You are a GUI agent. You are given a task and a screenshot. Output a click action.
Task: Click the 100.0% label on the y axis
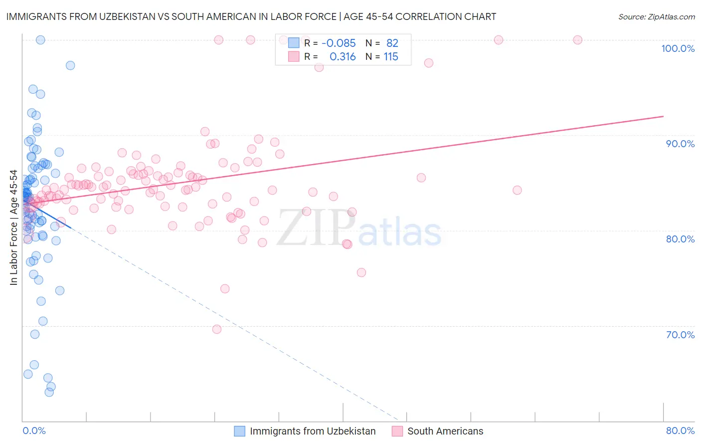click(x=678, y=48)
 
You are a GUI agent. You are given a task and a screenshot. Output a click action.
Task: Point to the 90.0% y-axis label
click(x=680, y=144)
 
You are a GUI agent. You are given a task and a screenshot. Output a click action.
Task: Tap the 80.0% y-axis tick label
click(x=680, y=239)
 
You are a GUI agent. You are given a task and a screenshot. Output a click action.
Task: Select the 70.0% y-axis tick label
click(x=680, y=335)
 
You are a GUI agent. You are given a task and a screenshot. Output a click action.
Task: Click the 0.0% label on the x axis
click(x=34, y=431)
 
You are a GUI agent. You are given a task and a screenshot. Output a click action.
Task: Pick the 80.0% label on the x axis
click(x=680, y=431)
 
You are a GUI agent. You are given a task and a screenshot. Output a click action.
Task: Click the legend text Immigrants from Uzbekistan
click(x=313, y=431)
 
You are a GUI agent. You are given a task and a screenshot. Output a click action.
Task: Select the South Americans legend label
click(x=445, y=431)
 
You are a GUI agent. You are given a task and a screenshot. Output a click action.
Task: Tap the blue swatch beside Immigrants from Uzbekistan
click(x=240, y=431)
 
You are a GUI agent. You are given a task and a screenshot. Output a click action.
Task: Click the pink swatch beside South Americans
click(x=397, y=431)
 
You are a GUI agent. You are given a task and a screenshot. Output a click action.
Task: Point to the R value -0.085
click(x=339, y=43)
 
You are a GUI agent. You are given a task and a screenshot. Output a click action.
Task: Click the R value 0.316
click(x=343, y=57)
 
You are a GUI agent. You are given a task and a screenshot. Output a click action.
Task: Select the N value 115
click(x=391, y=57)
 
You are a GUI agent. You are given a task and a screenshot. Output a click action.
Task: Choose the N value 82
click(x=392, y=43)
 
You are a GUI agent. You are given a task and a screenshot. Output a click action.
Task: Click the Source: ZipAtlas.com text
click(x=656, y=16)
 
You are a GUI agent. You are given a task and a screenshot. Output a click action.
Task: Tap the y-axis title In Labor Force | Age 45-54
click(x=13, y=227)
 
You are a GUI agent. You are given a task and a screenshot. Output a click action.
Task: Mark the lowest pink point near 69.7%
click(x=217, y=329)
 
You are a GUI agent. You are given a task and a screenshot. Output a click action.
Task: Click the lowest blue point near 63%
click(x=49, y=392)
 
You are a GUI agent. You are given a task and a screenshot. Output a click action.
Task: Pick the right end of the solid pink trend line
click(x=663, y=116)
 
